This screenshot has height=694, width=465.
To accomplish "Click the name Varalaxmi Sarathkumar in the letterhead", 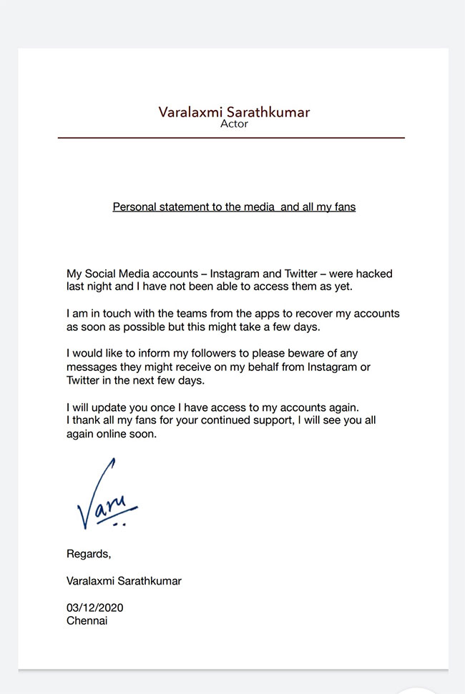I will [234, 111].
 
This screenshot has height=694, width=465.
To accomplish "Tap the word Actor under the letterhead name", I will [234, 124].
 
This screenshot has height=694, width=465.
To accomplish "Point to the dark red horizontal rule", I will [231, 137].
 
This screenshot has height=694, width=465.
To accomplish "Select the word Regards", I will [89, 554].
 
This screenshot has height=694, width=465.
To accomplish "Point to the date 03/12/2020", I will [95, 608].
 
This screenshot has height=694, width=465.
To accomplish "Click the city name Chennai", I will [87, 620].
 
